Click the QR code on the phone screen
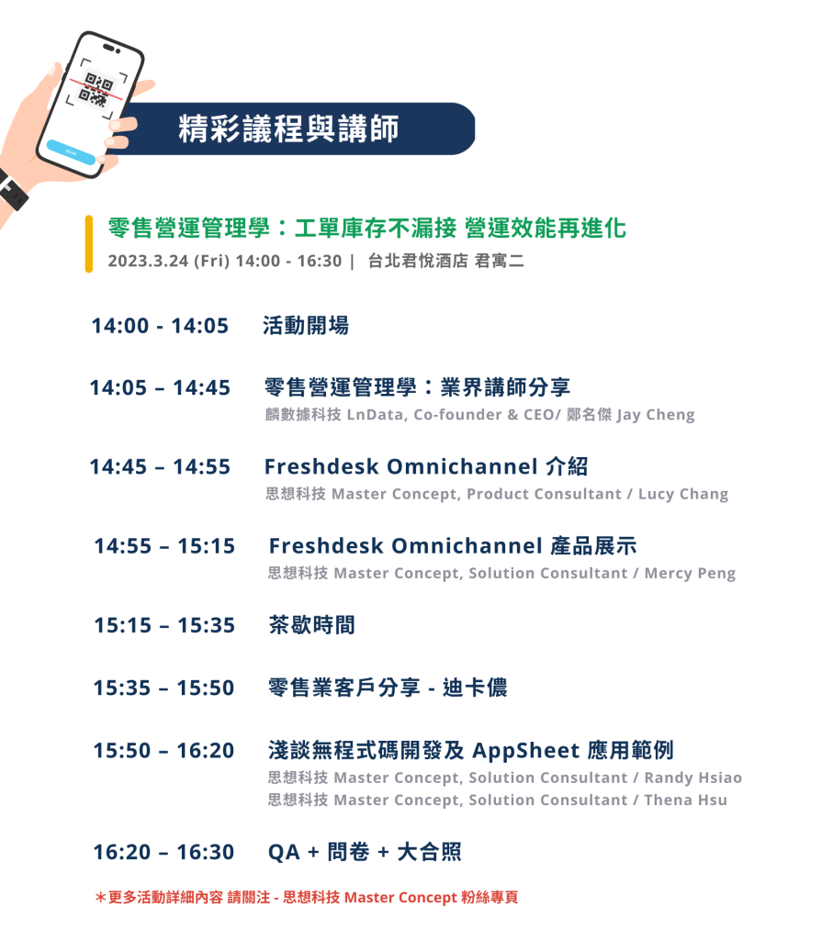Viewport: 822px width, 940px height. (96, 89)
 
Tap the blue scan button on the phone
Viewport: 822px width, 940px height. (71, 152)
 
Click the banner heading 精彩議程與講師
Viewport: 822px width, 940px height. (288, 129)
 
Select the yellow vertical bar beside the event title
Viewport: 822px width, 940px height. (89, 244)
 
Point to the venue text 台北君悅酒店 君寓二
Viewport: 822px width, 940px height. (445, 261)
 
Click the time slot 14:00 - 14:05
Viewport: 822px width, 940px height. (160, 326)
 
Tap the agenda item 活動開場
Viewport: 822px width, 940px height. (306, 326)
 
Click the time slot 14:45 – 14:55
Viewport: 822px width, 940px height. (160, 466)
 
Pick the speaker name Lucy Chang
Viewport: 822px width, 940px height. (683, 494)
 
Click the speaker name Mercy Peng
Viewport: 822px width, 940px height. (690, 573)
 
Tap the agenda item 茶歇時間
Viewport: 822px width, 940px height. (312, 625)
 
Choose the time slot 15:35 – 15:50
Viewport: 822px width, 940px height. (163, 688)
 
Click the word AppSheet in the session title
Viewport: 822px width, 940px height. (526, 751)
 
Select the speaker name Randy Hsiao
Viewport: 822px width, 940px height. (693, 778)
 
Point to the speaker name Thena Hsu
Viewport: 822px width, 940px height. (686, 800)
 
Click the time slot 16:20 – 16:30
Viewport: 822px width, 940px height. (163, 852)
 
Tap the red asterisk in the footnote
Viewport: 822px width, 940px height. (100, 897)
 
